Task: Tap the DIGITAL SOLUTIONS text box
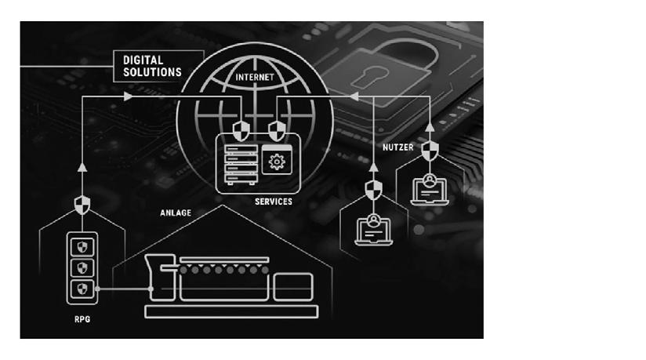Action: pos(152,65)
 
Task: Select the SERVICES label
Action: pos(273,202)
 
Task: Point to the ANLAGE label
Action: pos(176,212)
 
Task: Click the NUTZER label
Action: pos(397,147)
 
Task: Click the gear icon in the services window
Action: pos(276,162)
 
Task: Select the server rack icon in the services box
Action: pos(240,164)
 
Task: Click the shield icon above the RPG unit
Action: pos(82,205)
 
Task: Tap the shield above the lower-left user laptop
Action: pos(374,189)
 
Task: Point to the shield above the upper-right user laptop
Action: pos(429,149)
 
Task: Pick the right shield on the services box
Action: pos(275,129)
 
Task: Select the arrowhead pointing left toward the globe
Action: pos(353,96)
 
